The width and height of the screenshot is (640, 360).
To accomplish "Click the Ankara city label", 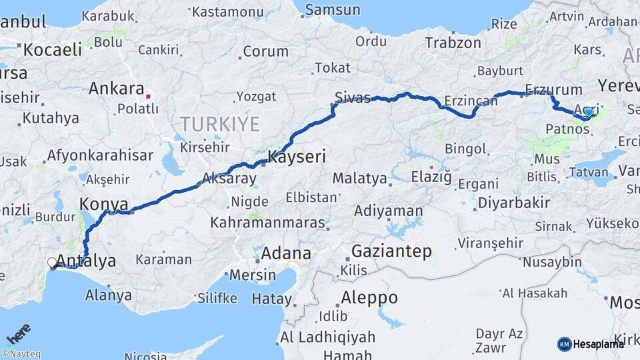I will pos(116,89).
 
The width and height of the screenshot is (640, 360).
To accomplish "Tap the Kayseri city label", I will pos(297,157).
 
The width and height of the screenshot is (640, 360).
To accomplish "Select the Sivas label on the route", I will pos(353,98).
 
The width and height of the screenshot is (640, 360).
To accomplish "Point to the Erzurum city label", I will pos(553,89).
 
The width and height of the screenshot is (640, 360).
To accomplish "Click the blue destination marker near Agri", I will pos(588,112).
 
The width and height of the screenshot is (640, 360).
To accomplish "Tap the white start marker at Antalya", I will pos(53,263).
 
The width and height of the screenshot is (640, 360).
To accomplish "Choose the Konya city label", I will pos(103,203).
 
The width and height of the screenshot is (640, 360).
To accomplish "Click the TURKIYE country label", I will pos(218,124).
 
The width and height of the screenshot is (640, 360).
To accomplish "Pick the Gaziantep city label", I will pos(391,251).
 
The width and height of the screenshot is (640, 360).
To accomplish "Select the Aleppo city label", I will pos(370,297).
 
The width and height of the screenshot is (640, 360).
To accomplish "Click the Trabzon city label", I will pos(453,43).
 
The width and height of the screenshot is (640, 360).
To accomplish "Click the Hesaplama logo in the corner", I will pos(590,344).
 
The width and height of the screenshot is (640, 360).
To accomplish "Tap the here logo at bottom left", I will pos(18,333).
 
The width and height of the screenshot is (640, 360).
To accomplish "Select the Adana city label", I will pos(285,253).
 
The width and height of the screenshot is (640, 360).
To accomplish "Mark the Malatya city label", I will pos(359,179).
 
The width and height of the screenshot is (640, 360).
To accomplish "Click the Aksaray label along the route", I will pos(229,179).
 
